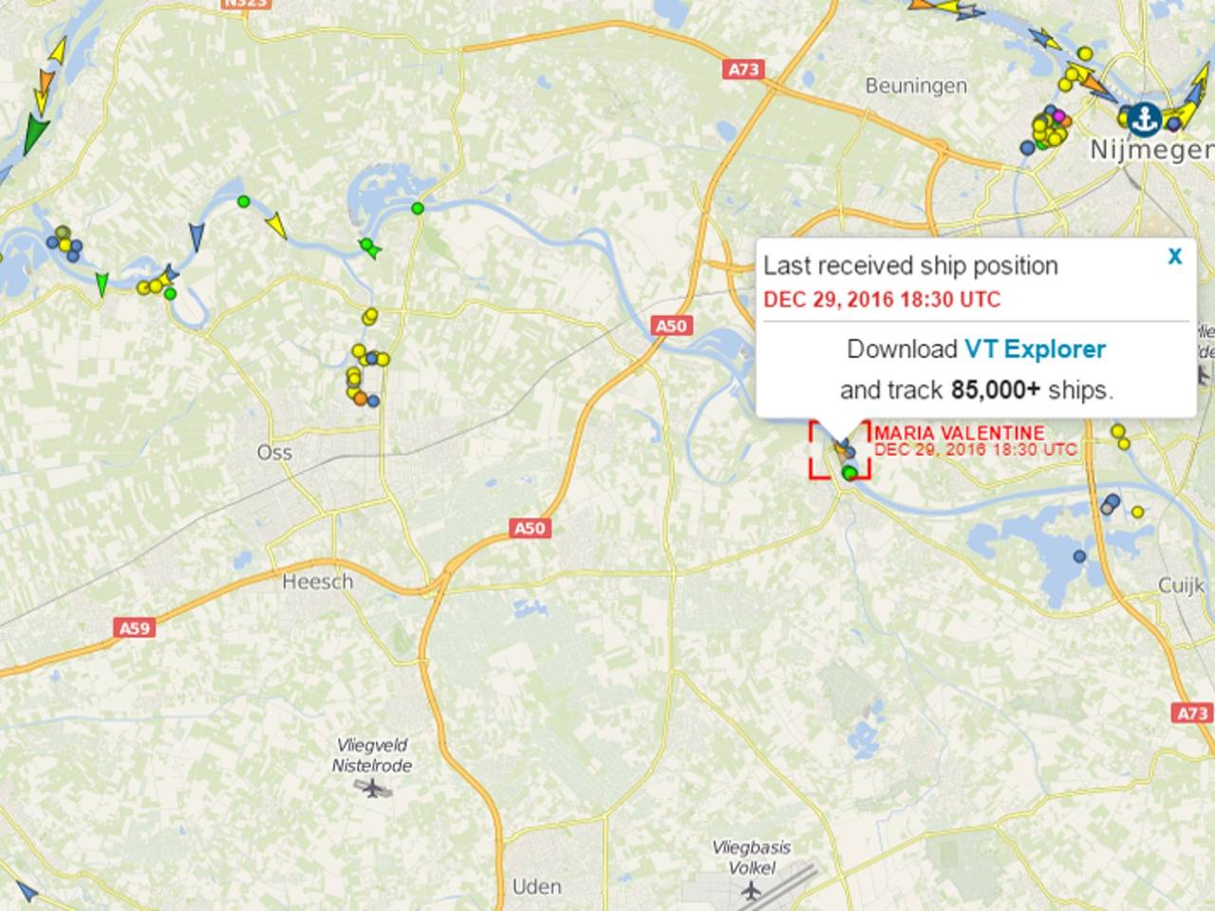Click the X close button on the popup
tap(1175, 256)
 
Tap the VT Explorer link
tap(1035, 349)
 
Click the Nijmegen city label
tap(1151, 150)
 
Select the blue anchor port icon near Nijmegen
tap(1146, 117)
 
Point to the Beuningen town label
tap(916, 86)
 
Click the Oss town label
tap(274, 453)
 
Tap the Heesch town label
tap(318, 582)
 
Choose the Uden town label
tap(536, 887)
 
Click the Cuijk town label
tap(1181, 586)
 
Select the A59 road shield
tap(134, 628)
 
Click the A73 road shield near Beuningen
tap(745, 69)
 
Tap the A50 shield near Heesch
tap(530, 528)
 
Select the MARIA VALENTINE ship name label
tap(960, 434)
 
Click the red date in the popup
tap(882, 300)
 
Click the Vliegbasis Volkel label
tap(752, 857)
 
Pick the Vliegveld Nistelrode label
tap(372, 755)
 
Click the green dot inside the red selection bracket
tap(849, 472)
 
